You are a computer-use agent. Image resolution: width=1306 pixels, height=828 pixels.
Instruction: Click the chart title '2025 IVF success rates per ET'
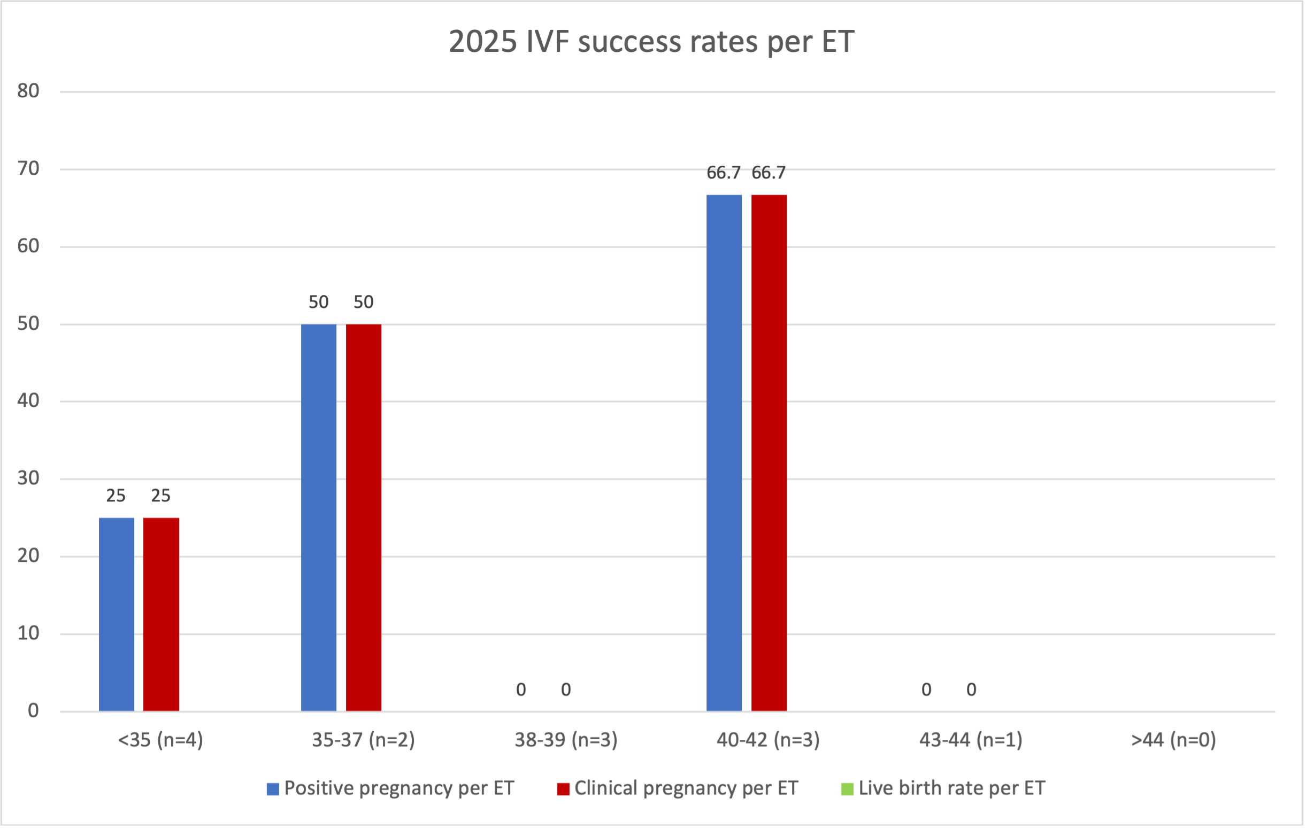point(651,42)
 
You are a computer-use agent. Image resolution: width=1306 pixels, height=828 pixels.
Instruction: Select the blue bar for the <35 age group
point(116,614)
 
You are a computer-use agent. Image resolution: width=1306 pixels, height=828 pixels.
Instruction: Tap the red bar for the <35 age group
point(161,614)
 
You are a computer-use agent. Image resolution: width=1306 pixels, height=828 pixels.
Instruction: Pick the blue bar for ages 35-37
point(318,517)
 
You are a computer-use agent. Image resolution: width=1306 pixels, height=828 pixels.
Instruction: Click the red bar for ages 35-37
point(363,517)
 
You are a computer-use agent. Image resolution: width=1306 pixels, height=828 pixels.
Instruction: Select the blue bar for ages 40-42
point(724,453)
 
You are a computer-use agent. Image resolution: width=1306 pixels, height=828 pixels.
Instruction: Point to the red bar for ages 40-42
point(769,453)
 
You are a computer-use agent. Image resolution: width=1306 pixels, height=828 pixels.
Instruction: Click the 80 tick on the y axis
point(28,91)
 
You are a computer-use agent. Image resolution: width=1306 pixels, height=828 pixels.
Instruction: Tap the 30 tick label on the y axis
point(28,478)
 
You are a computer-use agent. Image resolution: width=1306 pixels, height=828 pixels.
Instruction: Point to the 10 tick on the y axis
point(28,633)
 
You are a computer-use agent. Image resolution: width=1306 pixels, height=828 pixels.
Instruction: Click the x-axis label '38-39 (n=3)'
point(566,740)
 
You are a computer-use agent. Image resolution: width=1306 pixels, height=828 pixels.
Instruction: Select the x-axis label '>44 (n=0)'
point(1173,740)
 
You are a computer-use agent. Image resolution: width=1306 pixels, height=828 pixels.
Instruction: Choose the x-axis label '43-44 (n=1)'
point(970,740)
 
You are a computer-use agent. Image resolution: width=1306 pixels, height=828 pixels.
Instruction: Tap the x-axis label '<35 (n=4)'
point(160,740)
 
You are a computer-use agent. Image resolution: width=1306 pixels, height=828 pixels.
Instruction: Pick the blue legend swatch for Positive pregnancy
point(273,789)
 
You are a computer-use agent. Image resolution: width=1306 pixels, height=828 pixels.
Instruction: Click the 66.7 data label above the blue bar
point(723,173)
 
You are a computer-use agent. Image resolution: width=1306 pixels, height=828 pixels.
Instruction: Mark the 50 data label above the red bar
point(363,302)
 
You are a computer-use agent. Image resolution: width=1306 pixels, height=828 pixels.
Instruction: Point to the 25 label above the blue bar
point(116,496)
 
